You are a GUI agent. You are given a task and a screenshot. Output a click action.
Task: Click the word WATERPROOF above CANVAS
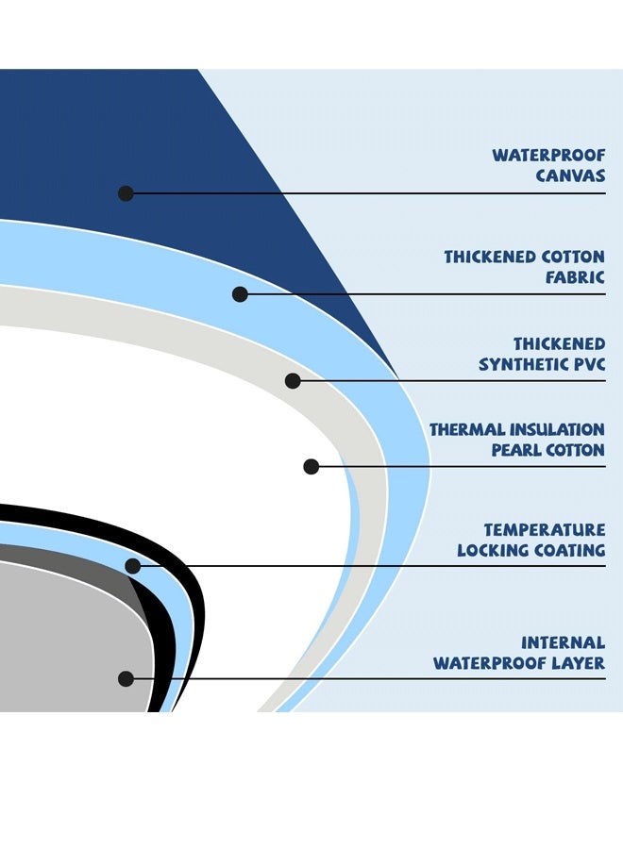point(548,156)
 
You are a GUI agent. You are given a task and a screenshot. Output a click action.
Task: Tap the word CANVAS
point(570,175)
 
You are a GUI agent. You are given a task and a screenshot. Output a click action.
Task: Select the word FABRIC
point(575,277)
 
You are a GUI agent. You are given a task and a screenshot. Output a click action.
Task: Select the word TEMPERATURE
point(545,529)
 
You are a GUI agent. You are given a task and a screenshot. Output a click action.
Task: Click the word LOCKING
point(493,550)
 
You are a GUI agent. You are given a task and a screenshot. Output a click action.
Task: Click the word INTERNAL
point(563,642)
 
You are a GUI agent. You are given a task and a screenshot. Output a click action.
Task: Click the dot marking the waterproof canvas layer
point(126,193)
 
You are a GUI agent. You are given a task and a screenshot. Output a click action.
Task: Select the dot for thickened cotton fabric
point(240,294)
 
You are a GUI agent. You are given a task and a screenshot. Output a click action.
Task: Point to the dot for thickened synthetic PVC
point(293,381)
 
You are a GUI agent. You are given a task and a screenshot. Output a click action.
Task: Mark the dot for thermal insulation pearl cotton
point(311,466)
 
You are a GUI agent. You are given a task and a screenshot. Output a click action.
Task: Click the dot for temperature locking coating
point(133,566)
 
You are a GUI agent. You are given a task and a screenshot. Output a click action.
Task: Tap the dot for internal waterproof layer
point(126,678)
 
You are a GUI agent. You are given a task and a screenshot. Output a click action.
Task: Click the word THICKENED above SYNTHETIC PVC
point(559,343)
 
